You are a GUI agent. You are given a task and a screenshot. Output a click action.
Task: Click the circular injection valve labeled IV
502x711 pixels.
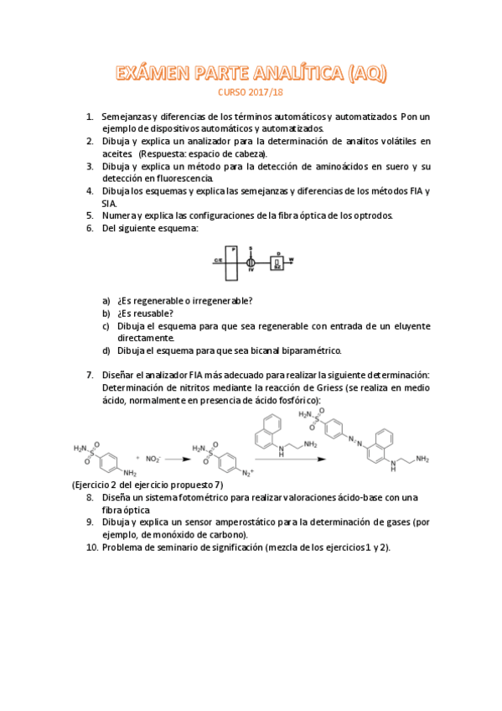click(x=251, y=262)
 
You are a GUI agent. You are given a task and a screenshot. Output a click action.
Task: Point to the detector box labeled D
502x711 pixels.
click(x=277, y=262)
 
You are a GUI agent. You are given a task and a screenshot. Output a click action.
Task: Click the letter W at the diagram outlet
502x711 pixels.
click(x=292, y=259)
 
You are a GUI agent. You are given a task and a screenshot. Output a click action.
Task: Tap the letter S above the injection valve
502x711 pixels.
click(x=251, y=249)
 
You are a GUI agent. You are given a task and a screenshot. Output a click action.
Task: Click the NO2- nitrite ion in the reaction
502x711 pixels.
click(x=153, y=459)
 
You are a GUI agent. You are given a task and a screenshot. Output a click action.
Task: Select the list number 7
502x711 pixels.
click(x=90, y=375)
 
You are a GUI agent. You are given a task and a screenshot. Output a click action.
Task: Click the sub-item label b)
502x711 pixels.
click(x=106, y=314)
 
